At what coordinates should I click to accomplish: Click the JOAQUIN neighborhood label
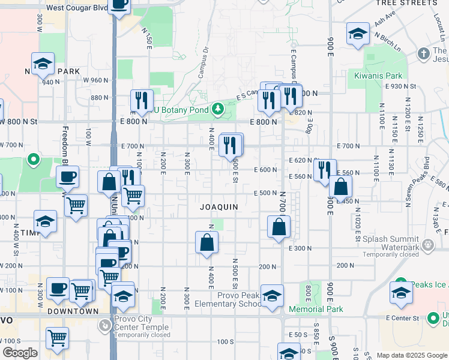point(219,206)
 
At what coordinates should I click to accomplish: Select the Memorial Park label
point(316,309)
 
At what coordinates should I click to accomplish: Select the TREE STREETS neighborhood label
point(406,3)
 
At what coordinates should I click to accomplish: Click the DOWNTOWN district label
point(73,311)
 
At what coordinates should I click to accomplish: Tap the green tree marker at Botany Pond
point(217,109)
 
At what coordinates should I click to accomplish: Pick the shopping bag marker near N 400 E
point(206,242)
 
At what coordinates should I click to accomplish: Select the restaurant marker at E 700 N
point(231,145)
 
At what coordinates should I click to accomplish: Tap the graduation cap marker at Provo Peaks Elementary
point(272,296)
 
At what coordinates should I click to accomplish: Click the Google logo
point(20,353)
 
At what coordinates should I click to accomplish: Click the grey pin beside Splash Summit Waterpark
point(427,245)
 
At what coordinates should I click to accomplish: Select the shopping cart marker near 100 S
point(57,338)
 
